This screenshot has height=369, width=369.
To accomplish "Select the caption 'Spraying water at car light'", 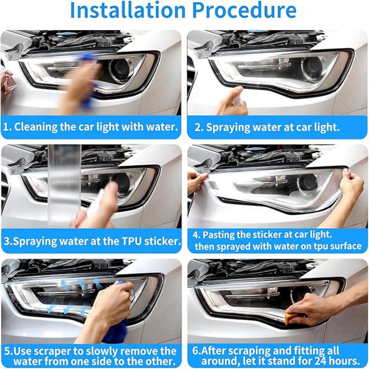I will (272, 127).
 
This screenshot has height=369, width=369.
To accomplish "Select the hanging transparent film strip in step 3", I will (65, 184).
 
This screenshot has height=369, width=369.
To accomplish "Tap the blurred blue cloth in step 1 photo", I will (85, 76).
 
